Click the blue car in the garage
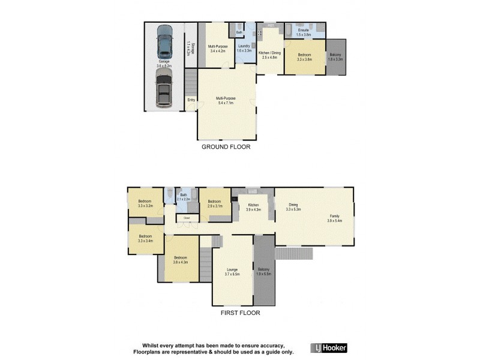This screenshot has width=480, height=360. pos(164,41)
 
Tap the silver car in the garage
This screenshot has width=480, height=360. pos(164,88)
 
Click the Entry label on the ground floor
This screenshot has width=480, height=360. pos(191,100)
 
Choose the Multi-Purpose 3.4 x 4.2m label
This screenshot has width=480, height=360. pos(217,49)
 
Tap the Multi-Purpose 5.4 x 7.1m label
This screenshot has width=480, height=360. pos(226,100)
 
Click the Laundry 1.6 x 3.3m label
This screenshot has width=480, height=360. pos(244,49)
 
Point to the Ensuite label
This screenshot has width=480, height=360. pos(304,32)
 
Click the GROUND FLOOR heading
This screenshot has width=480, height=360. pos(226,146)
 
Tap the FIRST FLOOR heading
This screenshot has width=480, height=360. pos(239,313)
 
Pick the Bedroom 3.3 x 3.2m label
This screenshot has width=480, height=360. pos(145,203)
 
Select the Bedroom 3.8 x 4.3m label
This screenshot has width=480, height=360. pos(181,260)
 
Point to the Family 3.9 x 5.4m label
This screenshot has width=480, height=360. pos(334,218)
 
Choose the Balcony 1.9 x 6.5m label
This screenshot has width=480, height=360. pos(263,271)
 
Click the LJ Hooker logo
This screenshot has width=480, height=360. pos(329,348)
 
